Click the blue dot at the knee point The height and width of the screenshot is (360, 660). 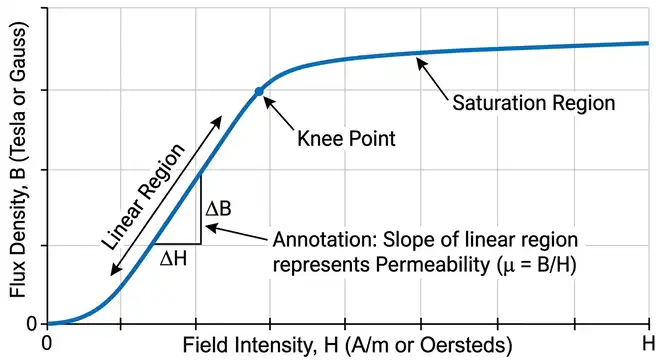coord(259,91)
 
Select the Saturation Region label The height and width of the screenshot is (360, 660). coord(533,102)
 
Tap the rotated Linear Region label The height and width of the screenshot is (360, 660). coord(143,197)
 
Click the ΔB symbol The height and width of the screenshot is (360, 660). coord(219,211)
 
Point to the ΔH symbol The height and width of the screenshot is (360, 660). coord(173,258)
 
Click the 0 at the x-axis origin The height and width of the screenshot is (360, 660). coord(46,343)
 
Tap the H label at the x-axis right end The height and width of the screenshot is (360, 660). coord(645,343)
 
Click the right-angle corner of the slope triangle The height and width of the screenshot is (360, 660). coord(201,244)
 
